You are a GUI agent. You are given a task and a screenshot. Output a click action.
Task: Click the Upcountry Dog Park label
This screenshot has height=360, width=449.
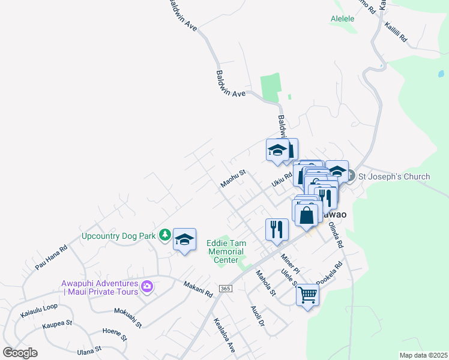pyautogui.click(x=118, y=235)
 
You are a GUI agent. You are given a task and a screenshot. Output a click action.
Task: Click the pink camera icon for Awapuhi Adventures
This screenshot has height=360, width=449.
pyautogui.click(x=146, y=287)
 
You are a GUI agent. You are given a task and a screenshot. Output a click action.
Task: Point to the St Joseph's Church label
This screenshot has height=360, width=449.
pyautogui.click(x=394, y=176)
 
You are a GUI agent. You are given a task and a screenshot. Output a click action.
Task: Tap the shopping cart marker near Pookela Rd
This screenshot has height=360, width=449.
pyautogui.click(x=307, y=295)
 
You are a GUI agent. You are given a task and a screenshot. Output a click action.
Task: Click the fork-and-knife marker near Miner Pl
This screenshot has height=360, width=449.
pyautogui.click(x=277, y=230)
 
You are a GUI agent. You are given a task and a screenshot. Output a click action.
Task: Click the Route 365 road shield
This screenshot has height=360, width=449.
pyautogui.click(x=225, y=289)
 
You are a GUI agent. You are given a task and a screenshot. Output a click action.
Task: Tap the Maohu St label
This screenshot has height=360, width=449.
pyautogui.click(x=233, y=178)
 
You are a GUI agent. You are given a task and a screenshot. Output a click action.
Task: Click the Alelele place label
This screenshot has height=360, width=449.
pyautogui.click(x=343, y=19)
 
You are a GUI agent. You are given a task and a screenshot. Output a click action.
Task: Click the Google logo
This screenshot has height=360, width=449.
pyautogui.click(x=20, y=353)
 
